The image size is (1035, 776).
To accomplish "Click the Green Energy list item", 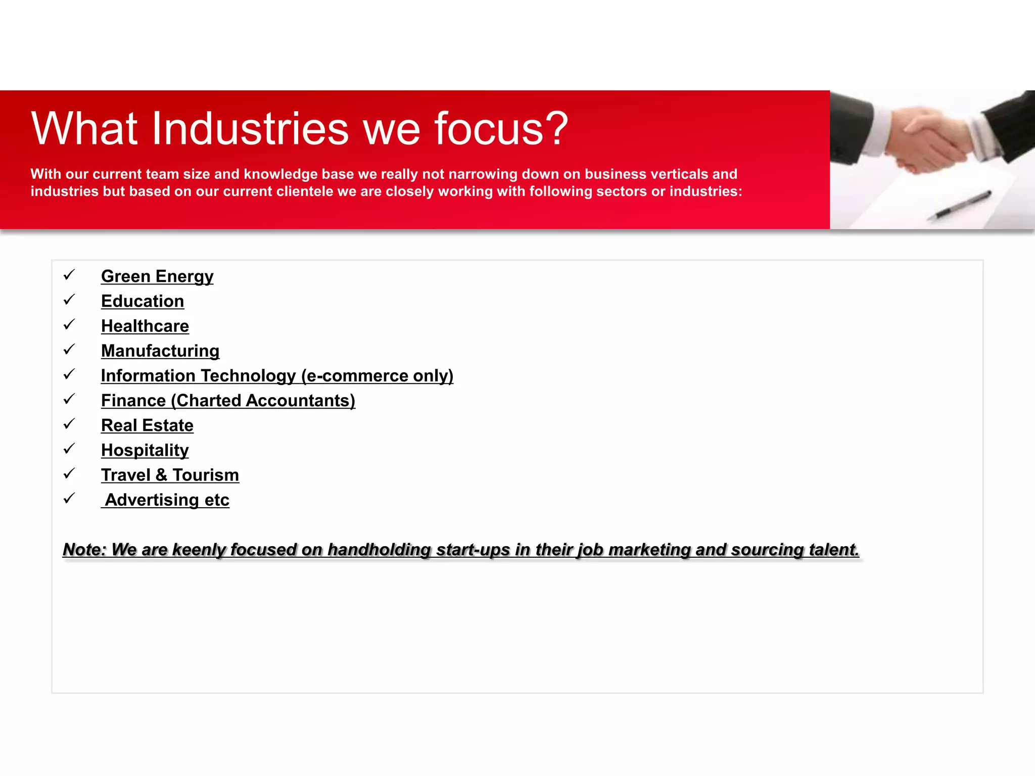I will click(x=157, y=276).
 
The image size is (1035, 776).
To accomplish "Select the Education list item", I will click(x=143, y=301).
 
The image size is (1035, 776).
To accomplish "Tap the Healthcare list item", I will click(x=145, y=326).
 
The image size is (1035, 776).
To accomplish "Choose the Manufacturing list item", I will click(x=160, y=351).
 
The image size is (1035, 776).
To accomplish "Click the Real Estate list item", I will click(x=147, y=425).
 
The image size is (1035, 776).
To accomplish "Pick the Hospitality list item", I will click(x=145, y=450).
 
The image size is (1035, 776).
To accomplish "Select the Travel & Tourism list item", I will click(x=170, y=475).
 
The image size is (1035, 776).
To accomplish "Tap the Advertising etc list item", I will click(x=167, y=500).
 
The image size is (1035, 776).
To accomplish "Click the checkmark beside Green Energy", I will click(x=69, y=275).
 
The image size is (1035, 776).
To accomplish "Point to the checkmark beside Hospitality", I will click(x=69, y=449).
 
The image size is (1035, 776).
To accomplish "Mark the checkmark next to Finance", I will click(x=69, y=399).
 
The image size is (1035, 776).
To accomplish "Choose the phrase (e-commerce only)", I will click(x=377, y=376).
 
